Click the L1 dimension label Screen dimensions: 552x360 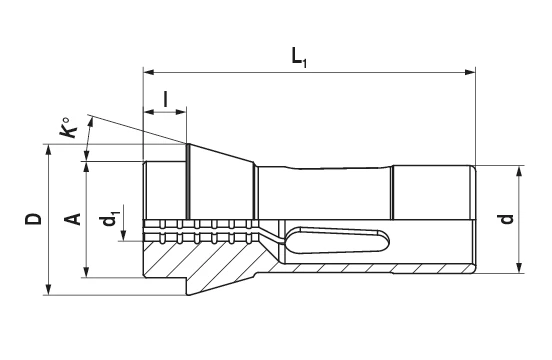coord(299,57)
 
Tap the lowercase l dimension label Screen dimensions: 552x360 coord(165,99)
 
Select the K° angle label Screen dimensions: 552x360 coord(68,128)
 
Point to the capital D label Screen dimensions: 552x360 coord(33,219)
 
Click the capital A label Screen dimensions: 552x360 coord(73,219)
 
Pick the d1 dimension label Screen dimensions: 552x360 coord(110,219)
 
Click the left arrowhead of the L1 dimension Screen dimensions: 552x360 coord(149,72)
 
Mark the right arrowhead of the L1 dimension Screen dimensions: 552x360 coord(470,72)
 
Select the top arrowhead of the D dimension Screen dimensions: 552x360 coord(49,150)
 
